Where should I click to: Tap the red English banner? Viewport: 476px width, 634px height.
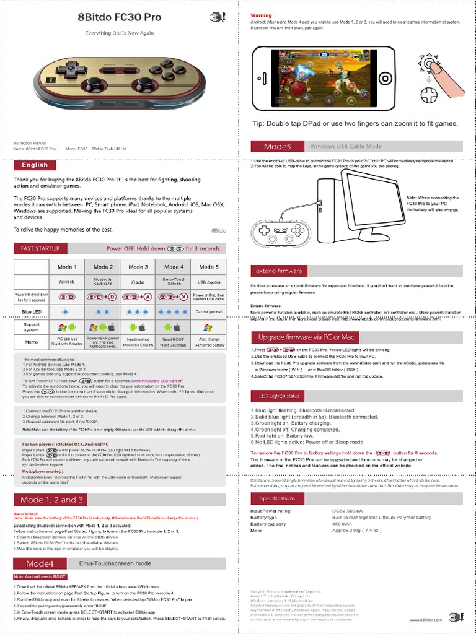point(35,165)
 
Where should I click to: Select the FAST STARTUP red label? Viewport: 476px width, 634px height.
point(40,248)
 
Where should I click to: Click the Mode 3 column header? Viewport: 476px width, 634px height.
point(138,267)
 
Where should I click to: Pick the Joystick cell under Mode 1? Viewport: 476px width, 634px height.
point(66,282)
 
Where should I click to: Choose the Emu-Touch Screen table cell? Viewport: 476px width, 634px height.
point(174,282)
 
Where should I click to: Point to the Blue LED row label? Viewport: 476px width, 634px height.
point(31,311)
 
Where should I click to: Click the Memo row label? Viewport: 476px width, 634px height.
point(31,341)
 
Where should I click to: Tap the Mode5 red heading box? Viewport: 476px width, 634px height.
point(277,146)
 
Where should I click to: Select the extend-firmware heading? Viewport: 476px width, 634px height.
point(278,271)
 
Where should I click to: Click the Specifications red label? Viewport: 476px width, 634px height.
point(278,498)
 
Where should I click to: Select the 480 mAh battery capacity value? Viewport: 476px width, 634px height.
point(343,524)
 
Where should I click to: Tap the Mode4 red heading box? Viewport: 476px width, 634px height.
point(40,563)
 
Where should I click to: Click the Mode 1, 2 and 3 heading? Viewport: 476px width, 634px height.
point(52,499)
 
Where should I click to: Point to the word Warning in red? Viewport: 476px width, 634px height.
point(261,14)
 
